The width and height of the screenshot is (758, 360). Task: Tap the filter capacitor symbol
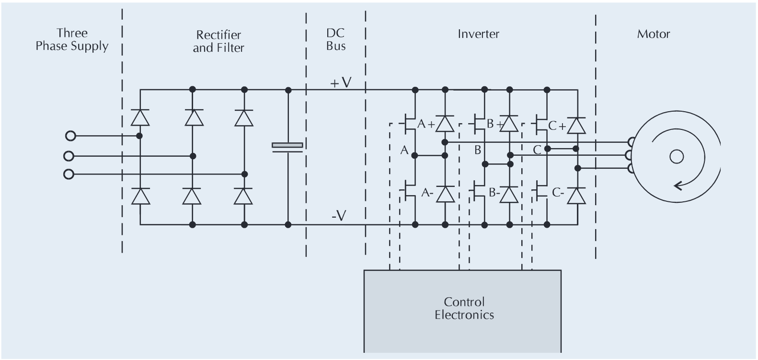(x=287, y=147)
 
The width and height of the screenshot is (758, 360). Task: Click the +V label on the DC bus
(x=341, y=83)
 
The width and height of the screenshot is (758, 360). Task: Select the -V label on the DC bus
(x=339, y=216)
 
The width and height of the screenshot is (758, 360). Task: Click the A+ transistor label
(x=425, y=125)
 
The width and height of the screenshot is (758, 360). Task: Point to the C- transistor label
(x=559, y=193)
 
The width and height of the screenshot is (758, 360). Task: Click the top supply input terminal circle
(x=70, y=136)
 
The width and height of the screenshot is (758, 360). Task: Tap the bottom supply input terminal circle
(x=69, y=174)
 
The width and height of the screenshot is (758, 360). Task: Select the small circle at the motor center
(x=677, y=156)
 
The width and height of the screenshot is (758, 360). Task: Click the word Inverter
(x=478, y=34)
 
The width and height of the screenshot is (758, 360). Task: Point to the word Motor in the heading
(x=653, y=34)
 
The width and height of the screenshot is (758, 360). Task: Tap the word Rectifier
(x=218, y=35)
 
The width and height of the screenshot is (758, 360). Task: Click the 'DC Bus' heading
(x=336, y=39)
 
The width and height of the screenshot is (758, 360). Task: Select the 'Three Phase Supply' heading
(x=72, y=39)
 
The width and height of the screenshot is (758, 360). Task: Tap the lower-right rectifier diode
(x=243, y=196)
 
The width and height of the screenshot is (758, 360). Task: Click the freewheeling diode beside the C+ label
(x=576, y=126)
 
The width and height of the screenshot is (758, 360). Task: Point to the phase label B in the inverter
(x=477, y=150)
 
